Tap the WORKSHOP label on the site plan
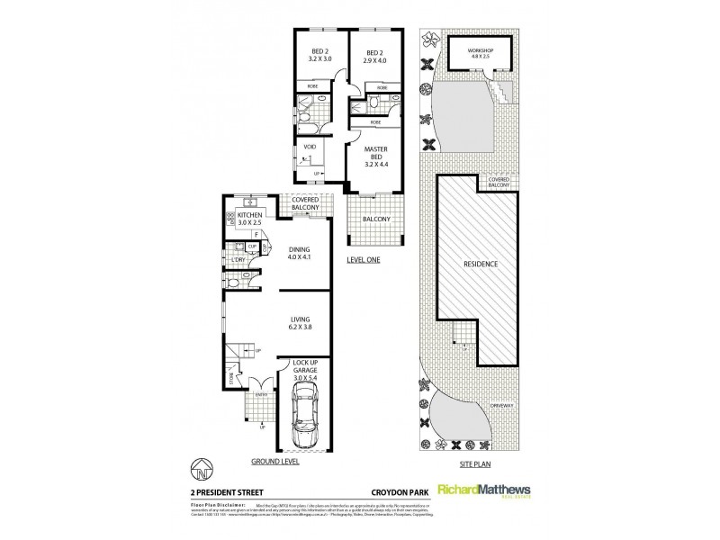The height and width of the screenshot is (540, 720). coord(481,49)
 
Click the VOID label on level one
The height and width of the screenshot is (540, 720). coord(309,146)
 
